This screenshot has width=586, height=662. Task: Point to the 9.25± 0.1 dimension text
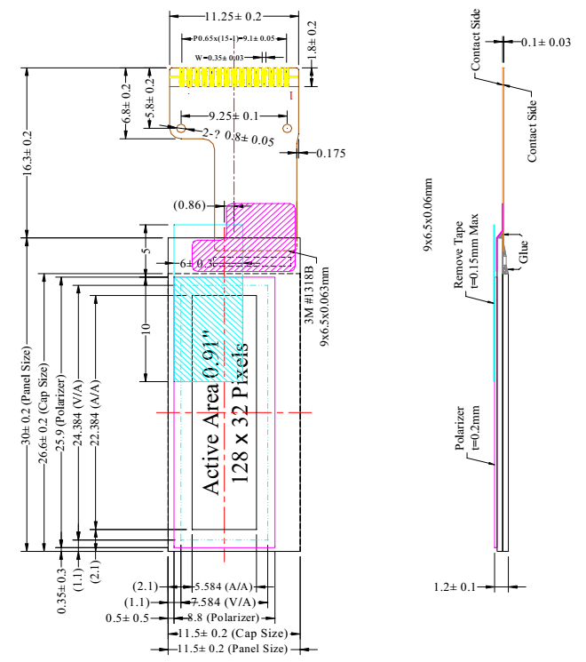pos(234,116)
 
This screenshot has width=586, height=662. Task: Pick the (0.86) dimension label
pos(189,205)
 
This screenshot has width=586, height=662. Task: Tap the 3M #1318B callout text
pos(311,293)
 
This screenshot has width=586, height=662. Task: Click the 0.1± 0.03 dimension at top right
pos(545,42)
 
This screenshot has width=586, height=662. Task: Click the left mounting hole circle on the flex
pos(181,129)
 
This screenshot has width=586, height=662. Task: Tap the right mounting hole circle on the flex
pos(287,129)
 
